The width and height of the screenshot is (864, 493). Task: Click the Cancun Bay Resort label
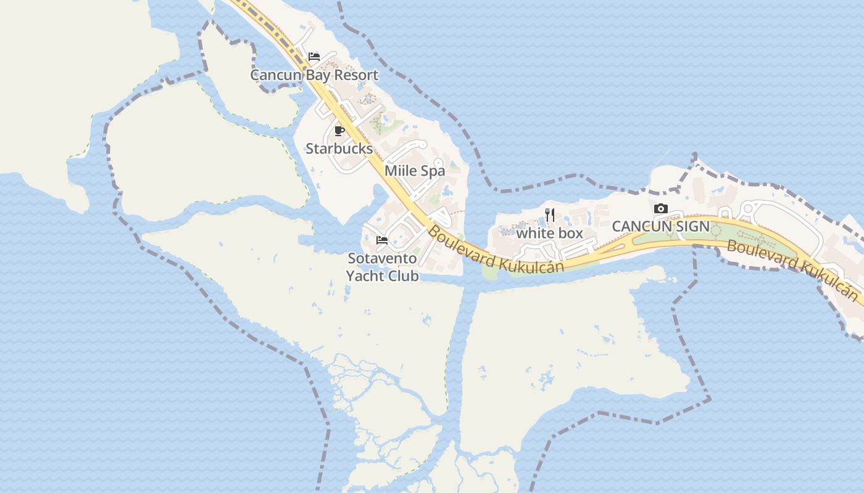click(x=314, y=75)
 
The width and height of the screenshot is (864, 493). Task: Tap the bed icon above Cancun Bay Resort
click(x=314, y=57)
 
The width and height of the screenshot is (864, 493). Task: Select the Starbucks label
click(x=339, y=149)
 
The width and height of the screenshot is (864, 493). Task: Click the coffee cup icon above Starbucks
click(x=339, y=131)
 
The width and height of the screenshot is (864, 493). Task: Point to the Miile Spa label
click(x=415, y=171)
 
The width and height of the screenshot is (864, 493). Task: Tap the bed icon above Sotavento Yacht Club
click(x=382, y=240)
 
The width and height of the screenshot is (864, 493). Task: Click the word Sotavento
click(x=382, y=258)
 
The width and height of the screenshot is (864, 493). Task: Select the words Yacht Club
click(x=382, y=275)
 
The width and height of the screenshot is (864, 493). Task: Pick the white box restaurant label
click(x=549, y=233)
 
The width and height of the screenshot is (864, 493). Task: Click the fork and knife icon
click(x=550, y=215)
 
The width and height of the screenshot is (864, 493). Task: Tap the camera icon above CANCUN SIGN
click(x=660, y=208)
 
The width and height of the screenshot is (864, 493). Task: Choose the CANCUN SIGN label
click(x=660, y=226)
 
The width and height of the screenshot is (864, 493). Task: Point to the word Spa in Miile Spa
click(x=433, y=171)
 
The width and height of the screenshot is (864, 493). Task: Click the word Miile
click(x=401, y=171)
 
